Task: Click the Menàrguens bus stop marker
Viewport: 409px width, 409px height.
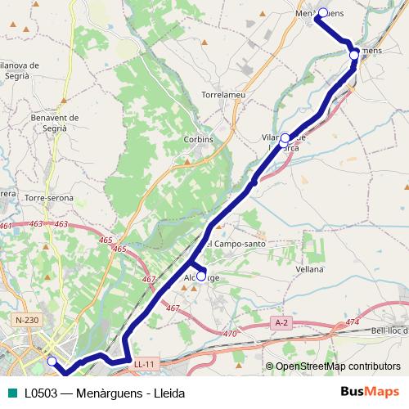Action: click(323, 12)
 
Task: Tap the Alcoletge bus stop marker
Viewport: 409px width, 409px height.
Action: click(201, 276)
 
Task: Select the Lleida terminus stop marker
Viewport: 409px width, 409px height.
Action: click(52, 361)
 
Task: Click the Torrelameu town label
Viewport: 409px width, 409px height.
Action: click(223, 96)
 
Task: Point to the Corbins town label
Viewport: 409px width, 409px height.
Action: click(199, 139)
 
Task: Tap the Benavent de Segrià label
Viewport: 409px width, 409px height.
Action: click(54, 122)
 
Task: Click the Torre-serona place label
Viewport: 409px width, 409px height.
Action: click(49, 198)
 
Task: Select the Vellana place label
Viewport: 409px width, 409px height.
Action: click(310, 268)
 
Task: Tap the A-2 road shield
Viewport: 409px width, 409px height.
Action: click(282, 323)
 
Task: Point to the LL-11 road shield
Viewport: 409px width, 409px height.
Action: click(145, 364)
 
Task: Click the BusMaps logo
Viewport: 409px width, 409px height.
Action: click(370, 392)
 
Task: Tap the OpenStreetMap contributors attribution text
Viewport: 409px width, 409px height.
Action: click(338, 366)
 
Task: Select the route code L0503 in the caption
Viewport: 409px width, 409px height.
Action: click(38, 393)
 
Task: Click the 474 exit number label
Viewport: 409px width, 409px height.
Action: click(352, 322)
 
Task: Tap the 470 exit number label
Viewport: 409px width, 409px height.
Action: click(230, 334)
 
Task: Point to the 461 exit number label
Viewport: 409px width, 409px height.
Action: click(7, 226)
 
